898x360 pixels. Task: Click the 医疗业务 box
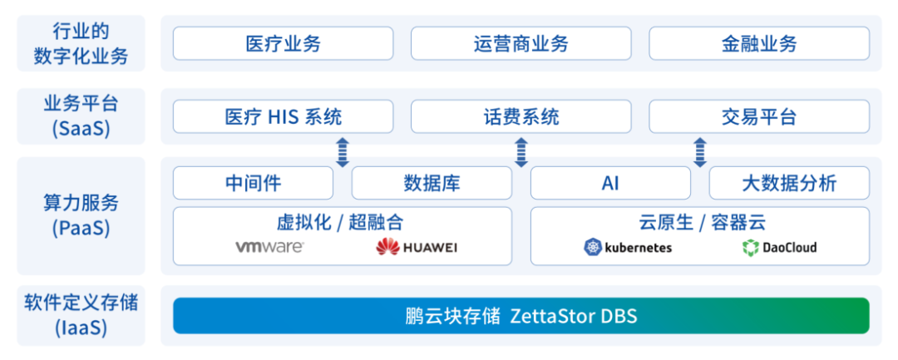click(x=283, y=43)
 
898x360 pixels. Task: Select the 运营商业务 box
click(x=521, y=43)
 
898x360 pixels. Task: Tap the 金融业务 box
click(x=759, y=43)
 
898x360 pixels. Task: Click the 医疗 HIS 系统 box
click(x=283, y=116)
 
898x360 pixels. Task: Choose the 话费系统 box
click(x=521, y=116)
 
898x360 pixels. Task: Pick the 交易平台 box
click(x=759, y=116)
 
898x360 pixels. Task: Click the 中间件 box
click(x=253, y=183)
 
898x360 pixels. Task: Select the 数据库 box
click(x=432, y=183)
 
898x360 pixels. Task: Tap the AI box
click(x=610, y=183)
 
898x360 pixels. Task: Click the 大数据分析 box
click(x=789, y=183)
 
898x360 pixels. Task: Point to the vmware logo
click(x=269, y=247)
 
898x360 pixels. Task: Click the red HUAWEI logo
click(x=416, y=247)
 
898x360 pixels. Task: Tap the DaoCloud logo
click(x=779, y=247)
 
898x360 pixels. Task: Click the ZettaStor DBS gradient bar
click(x=521, y=316)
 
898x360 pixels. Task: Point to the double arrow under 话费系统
click(x=521, y=152)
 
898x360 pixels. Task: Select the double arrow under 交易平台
click(x=700, y=152)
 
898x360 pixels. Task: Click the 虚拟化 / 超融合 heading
click(x=340, y=222)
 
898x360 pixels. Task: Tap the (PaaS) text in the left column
click(x=81, y=228)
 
